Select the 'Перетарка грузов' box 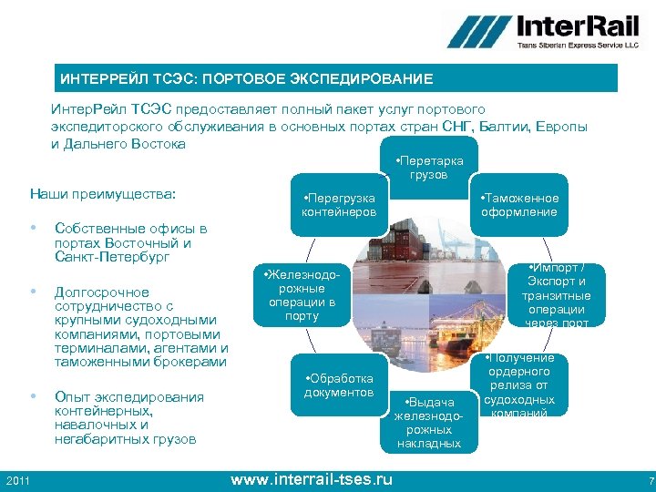pos(428,168)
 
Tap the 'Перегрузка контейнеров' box pos(338,205)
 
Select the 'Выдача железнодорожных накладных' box pos(428,422)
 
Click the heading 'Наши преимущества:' pos(102,194)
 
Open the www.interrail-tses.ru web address pos(312,478)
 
